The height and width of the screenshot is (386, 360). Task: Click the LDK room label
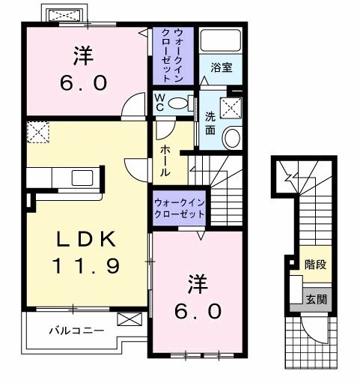85,241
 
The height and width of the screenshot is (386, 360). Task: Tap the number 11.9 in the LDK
85,265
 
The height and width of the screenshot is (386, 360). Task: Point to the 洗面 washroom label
211,123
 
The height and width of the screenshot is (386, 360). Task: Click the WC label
160,102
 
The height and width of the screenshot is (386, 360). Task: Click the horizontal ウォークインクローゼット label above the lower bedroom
180,208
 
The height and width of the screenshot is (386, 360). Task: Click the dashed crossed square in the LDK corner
37,133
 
